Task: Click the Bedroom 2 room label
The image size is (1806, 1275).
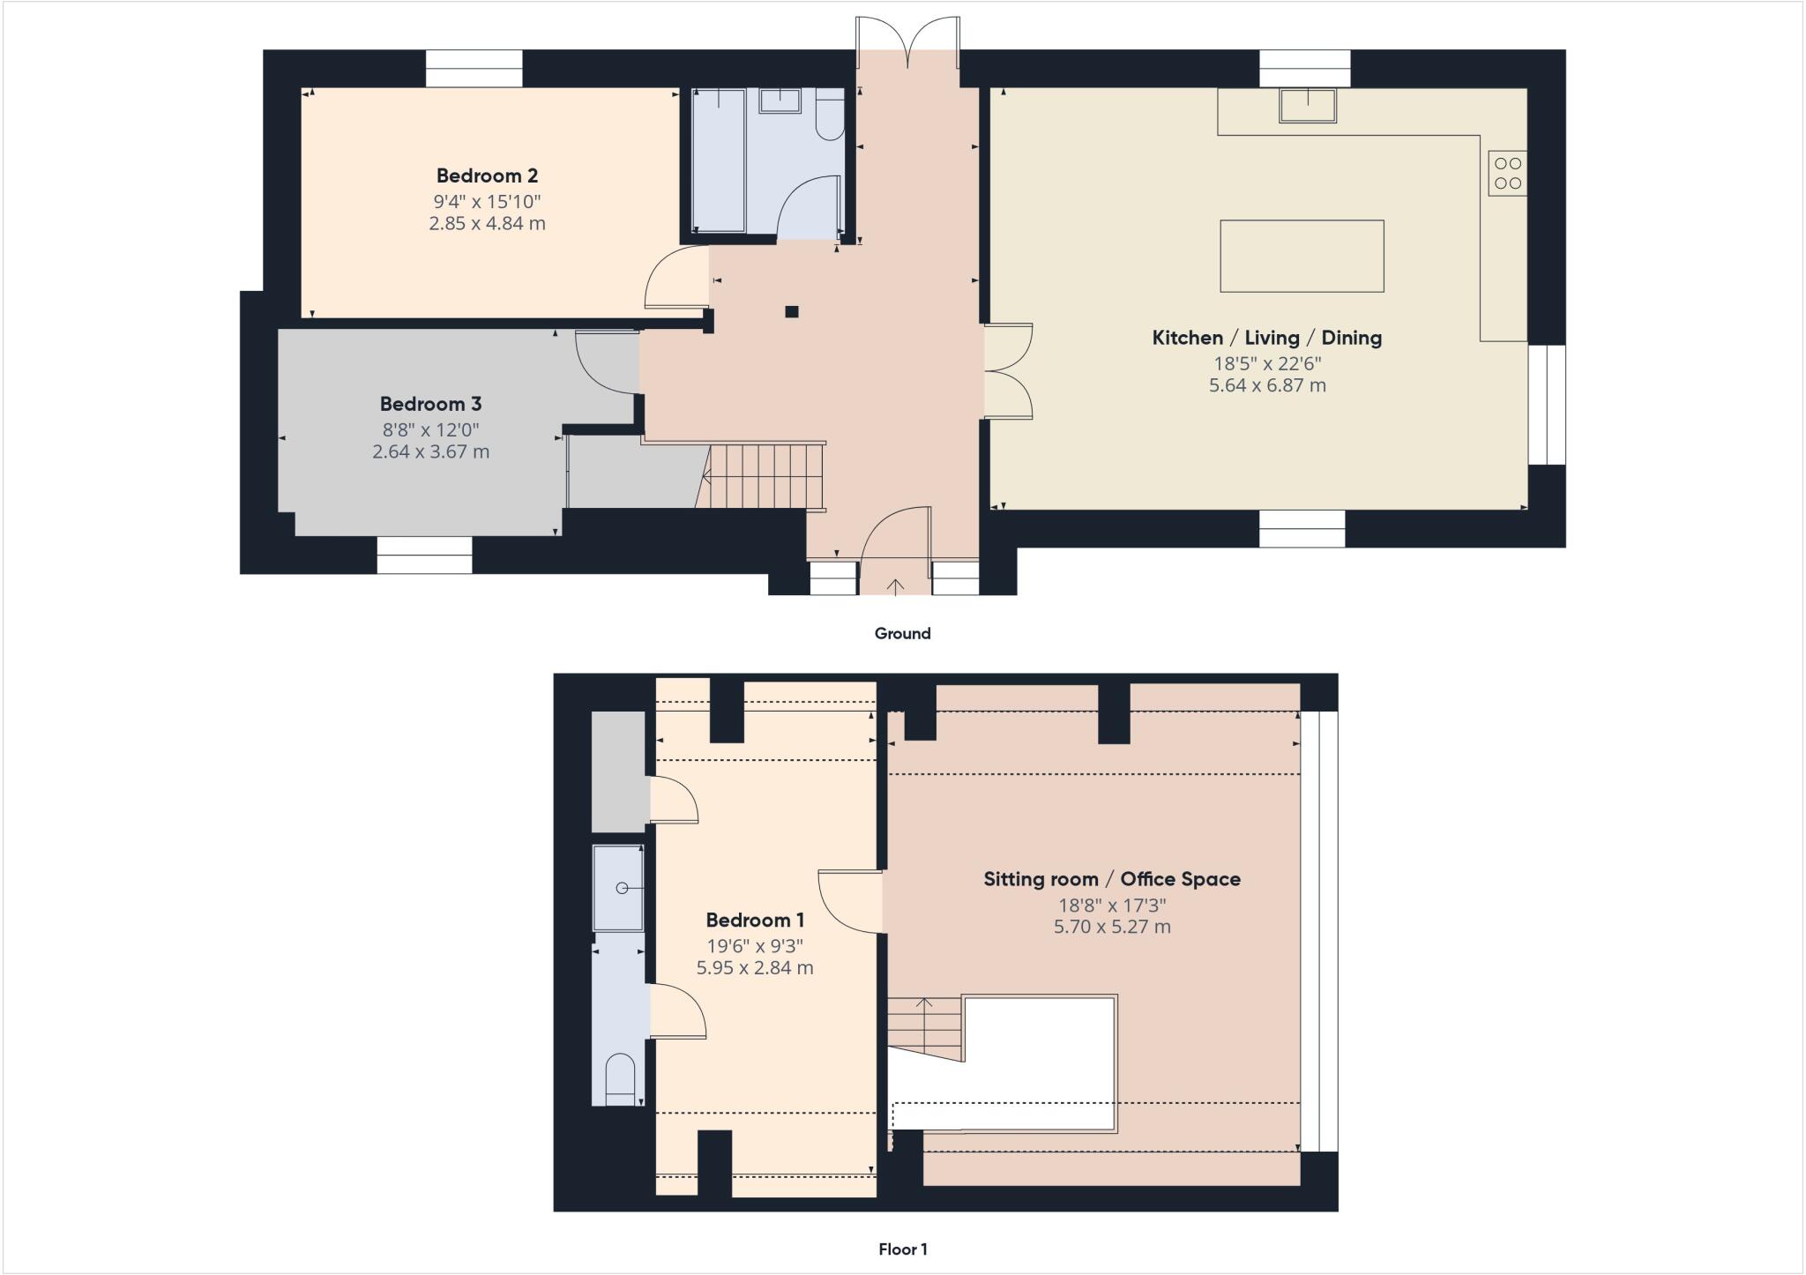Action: pyautogui.click(x=487, y=175)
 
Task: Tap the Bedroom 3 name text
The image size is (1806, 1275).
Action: pyautogui.click(x=430, y=404)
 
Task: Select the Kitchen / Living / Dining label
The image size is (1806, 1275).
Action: pyautogui.click(x=1266, y=338)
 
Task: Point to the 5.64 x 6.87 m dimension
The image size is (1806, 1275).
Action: pyautogui.click(x=1266, y=385)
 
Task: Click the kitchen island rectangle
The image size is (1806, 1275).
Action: pyautogui.click(x=1302, y=256)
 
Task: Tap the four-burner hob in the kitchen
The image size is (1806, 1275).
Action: pyautogui.click(x=1507, y=173)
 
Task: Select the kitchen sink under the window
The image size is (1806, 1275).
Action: pyautogui.click(x=1308, y=105)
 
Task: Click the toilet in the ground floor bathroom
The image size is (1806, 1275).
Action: pyautogui.click(x=829, y=118)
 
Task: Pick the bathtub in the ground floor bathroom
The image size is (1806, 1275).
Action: pyautogui.click(x=719, y=160)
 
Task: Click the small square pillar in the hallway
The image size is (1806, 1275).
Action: pyautogui.click(x=792, y=311)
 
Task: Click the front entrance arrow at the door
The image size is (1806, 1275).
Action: pyautogui.click(x=895, y=585)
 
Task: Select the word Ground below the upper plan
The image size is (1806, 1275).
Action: pyautogui.click(x=902, y=633)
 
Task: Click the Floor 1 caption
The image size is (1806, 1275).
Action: pyautogui.click(x=902, y=1249)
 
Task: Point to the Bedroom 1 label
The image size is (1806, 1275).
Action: pyautogui.click(x=755, y=921)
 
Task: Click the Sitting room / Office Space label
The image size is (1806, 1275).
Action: pyautogui.click(x=1111, y=879)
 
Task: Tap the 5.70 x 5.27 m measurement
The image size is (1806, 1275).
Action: pyautogui.click(x=1111, y=927)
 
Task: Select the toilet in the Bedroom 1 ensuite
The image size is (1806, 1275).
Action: pyautogui.click(x=620, y=1079)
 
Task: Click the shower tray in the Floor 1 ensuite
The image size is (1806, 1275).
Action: pyautogui.click(x=617, y=888)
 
